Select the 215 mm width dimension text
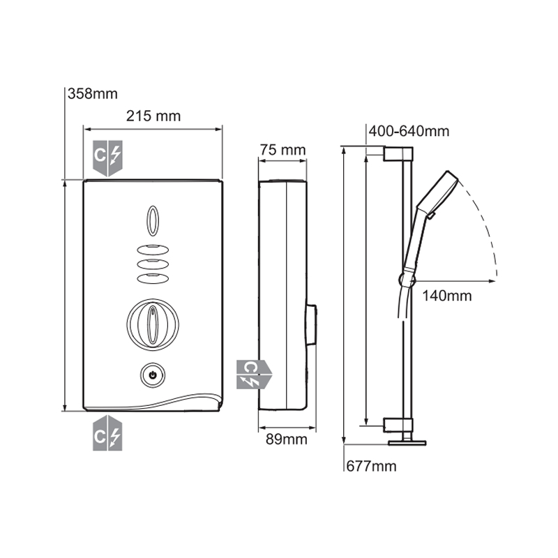coord(153,116)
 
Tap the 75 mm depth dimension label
coord(282,149)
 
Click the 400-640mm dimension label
coord(409,131)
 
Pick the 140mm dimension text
coord(447,296)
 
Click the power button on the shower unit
coord(153,375)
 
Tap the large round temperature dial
coord(152,323)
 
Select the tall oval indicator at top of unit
coord(153,220)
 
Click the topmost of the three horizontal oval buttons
coord(153,250)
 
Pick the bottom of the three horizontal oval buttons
coord(153,278)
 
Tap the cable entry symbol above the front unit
coord(107,159)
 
